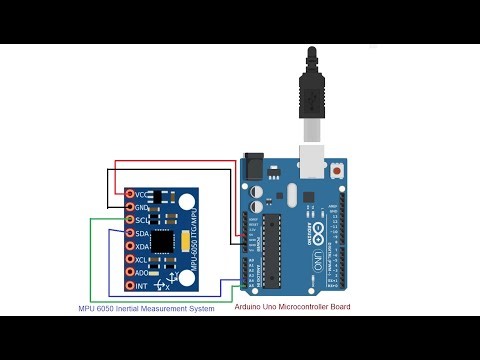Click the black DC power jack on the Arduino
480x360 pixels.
(256, 166)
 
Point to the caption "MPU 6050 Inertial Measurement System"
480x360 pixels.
(146, 309)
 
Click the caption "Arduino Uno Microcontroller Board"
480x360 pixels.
(292, 306)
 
